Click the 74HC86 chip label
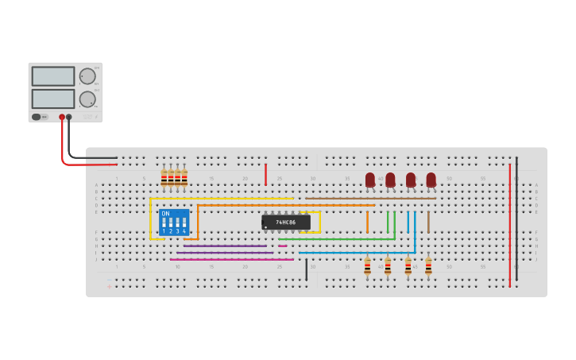[286, 223]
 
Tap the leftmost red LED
[370, 180]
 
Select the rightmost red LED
[431, 180]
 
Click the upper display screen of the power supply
[53, 76]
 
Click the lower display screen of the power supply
[53, 99]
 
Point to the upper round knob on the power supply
[87, 76]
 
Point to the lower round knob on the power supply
[87, 99]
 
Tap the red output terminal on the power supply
[62, 117]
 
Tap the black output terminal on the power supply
[69, 117]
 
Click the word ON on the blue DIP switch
[165, 214]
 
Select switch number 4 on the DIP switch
[184, 223]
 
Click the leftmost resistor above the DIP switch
[164, 178]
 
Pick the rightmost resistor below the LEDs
[428, 266]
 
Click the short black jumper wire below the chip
[306, 269]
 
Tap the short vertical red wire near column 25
[265, 174]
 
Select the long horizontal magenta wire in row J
[230, 259]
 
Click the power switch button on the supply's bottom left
[36, 117]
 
